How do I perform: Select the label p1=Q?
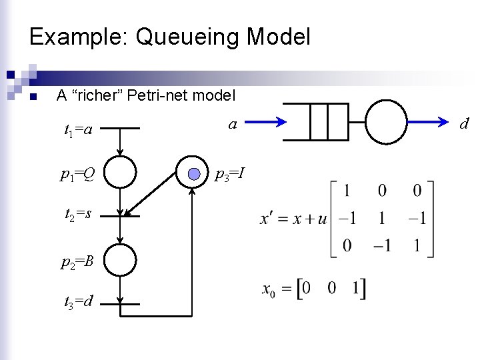pos(77,175)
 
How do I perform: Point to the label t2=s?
pos(78,215)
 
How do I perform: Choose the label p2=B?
pos(77,261)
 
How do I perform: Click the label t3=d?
pos(78,302)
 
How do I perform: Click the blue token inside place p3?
pos(193,175)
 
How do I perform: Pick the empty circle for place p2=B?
pos(120,259)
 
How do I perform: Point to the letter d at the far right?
pos(464,123)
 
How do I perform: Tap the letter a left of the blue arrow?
pos(232,123)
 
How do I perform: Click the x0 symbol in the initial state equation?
pos(268,289)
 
